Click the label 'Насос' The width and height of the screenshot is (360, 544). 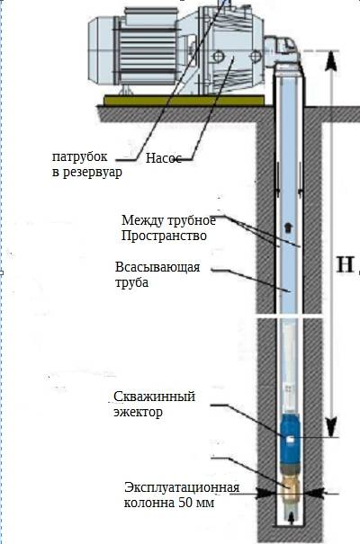(x=164, y=158)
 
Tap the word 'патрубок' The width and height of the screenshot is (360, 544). (x=80, y=157)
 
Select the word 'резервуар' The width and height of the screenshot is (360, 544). (x=93, y=172)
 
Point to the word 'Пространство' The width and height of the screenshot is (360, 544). (x=164, y=236)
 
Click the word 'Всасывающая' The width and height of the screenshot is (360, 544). (x=157, y=267)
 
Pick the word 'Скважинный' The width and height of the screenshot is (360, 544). (x=154, y=397)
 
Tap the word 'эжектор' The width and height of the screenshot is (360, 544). (x=138, y=413)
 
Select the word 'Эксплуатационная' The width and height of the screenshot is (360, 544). (x=182, y=487)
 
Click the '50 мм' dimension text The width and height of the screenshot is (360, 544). (x=196, y=503)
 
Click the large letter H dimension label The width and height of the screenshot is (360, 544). (x=346, y=264)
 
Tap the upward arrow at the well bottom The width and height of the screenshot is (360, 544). (x=291, y=516)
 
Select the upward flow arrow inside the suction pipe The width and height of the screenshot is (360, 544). (x=288, y=227)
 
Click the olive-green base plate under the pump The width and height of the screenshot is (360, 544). (x=184, y=101)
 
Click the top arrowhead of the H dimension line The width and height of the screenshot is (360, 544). (x=331, y=61)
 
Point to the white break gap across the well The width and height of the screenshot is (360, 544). (x=290, y=317)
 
